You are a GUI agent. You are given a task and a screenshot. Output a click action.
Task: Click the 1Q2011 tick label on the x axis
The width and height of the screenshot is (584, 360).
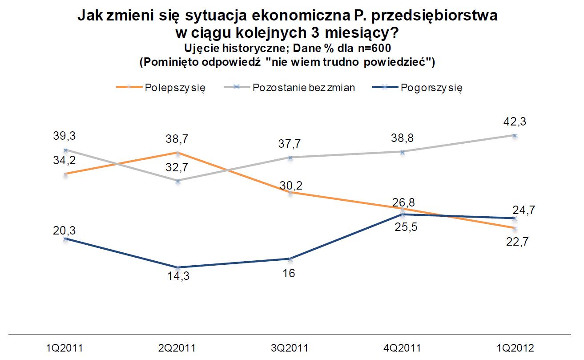pyautogui.click(x=65, y=348)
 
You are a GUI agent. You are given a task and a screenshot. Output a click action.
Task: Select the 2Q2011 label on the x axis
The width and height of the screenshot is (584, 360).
pyautogui.click(x=177, y=348)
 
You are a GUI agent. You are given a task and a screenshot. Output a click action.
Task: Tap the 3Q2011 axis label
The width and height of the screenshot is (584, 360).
pyautogui.click(x=290, y=348)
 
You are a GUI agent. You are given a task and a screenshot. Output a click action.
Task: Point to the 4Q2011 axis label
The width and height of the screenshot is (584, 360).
pyautogui.click(x=402, y=348)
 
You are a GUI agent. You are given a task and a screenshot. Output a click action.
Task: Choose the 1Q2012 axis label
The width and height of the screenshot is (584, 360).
pyautogui.click(x=515, y=348)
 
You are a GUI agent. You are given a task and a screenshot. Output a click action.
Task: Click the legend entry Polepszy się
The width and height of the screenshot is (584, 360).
pyautogui.click(x=175, y=87)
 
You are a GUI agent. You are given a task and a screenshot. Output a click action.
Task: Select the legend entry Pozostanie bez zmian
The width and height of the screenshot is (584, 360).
pyautogui.click(x=303, y=87)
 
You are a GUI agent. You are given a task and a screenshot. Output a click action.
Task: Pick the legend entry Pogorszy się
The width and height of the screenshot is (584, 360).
pyautogui.click(x=431, y=87)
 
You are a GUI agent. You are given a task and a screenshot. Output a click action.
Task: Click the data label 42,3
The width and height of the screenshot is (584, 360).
pyautogui.click(x=515, y=121)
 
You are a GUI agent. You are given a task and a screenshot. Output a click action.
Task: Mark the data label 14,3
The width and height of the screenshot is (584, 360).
pyautogui.click(x=177, y=280)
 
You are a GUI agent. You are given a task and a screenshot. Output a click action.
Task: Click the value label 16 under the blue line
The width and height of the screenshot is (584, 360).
pyautogui.click(x=290, y=273)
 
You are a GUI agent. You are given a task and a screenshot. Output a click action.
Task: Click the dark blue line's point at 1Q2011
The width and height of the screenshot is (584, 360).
pyautogui.click(x=65, y=239)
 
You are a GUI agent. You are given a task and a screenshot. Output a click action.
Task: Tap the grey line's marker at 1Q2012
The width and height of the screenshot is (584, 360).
pyautogui.click(x=515, y=136)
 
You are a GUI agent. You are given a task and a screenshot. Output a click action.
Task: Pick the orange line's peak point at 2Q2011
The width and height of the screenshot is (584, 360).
pyautogui.click(x=177, y=153)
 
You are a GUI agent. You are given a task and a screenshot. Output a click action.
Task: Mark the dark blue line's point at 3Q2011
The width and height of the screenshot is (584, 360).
pyautogui.click(x=290, y=259)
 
